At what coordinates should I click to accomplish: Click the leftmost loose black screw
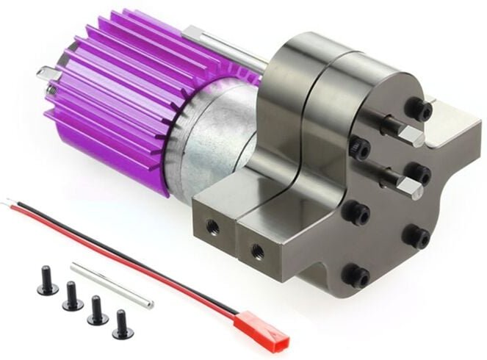(48, 285)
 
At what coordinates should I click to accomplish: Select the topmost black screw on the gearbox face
(421, 110)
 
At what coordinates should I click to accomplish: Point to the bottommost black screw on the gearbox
(358, 276)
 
